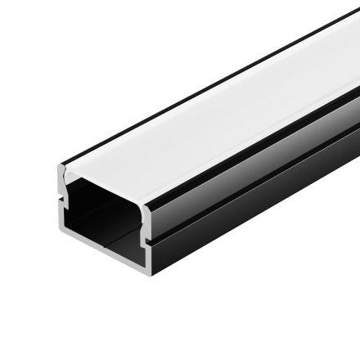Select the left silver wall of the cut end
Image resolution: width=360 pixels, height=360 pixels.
tap(60, 205)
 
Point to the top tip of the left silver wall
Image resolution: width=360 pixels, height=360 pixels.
tap(59, 168)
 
